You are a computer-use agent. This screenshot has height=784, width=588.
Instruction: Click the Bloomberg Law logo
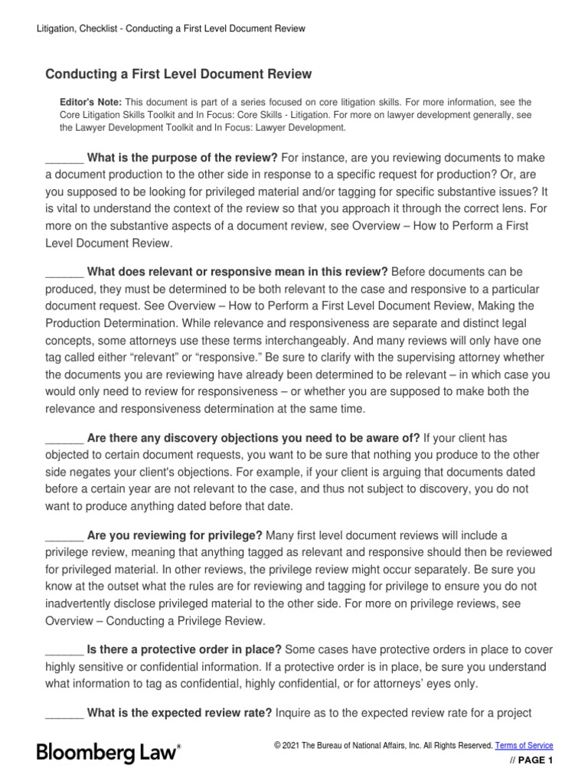(x=109, y=753)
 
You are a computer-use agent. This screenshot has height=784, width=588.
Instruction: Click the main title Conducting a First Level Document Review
(x=178, y=74)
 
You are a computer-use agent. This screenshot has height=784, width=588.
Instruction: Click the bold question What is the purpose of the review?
(x=183, y=158)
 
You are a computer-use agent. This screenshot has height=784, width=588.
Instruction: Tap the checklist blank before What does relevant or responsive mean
(x=64, y=272)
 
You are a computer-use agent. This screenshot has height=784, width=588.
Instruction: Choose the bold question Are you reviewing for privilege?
(x=175, y=534)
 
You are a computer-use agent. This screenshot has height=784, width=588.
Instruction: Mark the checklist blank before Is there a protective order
(x=64, y=650)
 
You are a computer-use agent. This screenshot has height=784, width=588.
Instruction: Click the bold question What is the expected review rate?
(x=180, y=714)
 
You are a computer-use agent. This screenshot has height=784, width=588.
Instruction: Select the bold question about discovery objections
(x=253, y=438)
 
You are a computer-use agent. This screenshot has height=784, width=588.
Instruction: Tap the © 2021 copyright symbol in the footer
(x=277, y=746)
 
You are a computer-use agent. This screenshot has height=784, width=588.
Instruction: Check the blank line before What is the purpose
(x=64, y=158)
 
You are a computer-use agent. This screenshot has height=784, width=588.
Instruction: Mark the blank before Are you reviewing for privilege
(x=64, y=534)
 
